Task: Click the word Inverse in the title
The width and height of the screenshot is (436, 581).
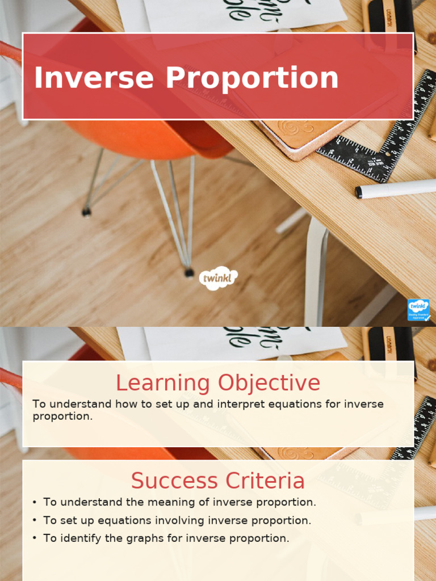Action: pos(94,78)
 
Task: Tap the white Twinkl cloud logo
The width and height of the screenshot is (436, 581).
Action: pos(218,278)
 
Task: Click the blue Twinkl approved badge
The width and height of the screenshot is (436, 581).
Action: pos(418,310)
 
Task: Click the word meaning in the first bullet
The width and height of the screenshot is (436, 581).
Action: pos(171,502)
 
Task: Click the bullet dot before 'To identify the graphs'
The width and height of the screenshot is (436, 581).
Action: pos(35,538)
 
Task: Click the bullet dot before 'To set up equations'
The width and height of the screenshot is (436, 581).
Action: pos(35,520)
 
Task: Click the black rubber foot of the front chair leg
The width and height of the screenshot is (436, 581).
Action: pos(189,273)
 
